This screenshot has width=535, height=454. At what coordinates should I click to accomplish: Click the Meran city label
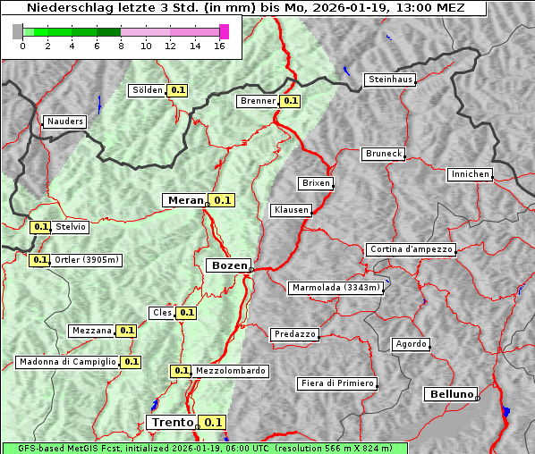tap(185, 200)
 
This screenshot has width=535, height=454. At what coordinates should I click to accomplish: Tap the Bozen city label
tap(228, 265)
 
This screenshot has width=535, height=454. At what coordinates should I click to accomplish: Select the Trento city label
tap(172, 423)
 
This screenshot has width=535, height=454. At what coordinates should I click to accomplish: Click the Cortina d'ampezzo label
tap(410, 249)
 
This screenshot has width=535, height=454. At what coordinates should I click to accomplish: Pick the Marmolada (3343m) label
tap(336, 288)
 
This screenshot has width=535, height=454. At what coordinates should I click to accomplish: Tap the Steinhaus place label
tap(391, 80)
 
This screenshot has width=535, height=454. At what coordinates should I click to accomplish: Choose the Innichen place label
tap(469, 174)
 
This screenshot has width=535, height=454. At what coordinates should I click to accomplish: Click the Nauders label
tap(65, 122)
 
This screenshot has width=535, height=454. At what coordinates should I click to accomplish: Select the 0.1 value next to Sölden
tap(178, 90)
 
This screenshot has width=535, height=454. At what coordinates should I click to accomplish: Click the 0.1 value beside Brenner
tap(290, 101)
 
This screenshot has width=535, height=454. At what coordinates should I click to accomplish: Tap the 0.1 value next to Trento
tap(212, 423)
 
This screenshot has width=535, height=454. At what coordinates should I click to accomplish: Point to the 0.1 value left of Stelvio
tap(40, 227)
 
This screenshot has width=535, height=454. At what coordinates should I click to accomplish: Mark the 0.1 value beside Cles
tap(186, 313)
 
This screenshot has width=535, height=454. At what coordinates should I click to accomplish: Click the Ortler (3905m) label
tap(86, 260)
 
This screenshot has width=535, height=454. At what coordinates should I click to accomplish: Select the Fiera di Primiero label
tap(336, 383)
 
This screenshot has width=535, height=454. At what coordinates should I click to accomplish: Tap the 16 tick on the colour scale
tap(219, 46)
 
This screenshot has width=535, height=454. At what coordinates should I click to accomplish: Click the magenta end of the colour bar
tap(224, 31)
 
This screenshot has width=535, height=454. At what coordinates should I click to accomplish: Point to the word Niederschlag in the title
tap(65, 8)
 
